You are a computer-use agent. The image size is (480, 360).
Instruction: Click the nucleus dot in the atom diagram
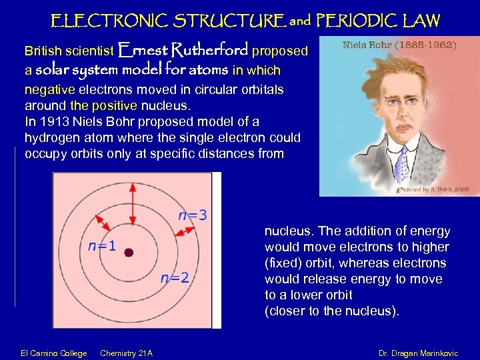tap(129, 253)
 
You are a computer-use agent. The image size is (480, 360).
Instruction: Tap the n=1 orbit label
tap(102, 245)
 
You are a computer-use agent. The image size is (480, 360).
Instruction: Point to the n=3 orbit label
tap(191, 215)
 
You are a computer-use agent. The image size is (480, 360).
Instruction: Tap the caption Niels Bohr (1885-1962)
tap(399, 46)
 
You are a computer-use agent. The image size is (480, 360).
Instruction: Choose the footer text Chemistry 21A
tap(126, 353)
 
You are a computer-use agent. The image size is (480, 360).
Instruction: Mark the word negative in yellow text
tap(50, 90)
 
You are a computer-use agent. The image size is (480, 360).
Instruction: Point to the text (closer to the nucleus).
tap(332, 311)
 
